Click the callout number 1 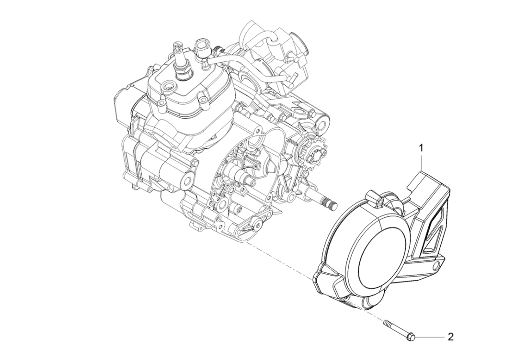click(421, 148)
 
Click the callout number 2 click(450, 337)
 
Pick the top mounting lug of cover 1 click(373, 197)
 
